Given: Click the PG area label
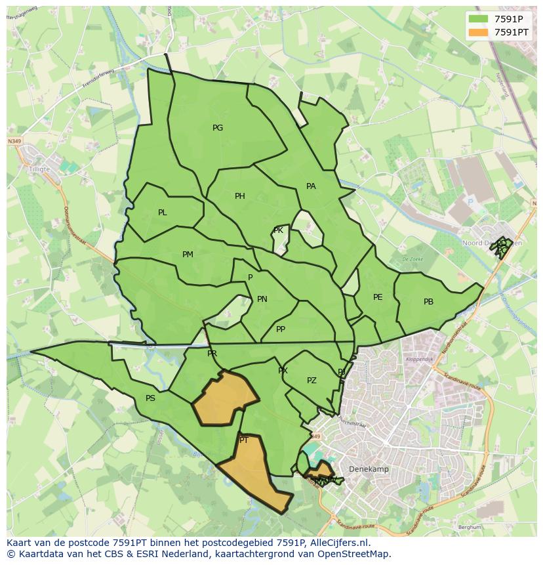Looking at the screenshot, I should [218, 128].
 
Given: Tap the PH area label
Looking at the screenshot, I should [240, 196].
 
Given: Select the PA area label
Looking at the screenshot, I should [311, 186].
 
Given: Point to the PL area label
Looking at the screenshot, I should [163, 213].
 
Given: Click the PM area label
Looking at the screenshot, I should [188, 255].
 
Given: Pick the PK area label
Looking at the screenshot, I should [278, 230].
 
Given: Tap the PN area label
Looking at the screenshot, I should [262, 299].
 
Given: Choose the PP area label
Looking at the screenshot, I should [281, 329].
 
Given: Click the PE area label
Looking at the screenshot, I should [378, 297].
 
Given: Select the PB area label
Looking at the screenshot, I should [428, 302].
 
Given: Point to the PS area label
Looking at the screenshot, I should [150, 398].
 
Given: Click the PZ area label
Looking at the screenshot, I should [312, 381].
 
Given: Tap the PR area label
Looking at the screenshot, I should [212, 354].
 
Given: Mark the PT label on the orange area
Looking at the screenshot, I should [244, 440].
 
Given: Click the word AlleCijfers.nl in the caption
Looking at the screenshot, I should [338, 543].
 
